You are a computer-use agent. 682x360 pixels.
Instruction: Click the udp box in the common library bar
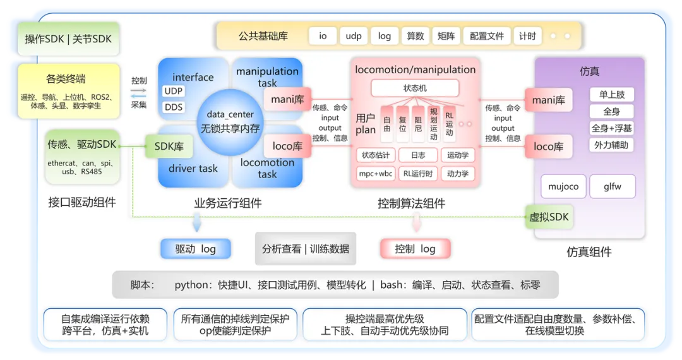[x=353, y=36]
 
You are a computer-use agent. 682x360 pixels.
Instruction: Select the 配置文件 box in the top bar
[x=487, y=36]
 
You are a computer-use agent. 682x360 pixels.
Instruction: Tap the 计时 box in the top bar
[x=527, y=36]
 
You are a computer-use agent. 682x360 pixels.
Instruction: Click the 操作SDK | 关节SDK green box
[x=68, y=39]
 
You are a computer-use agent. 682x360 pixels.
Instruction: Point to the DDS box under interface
[x=174, y=107]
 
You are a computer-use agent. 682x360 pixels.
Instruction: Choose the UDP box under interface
[x=174, y=91]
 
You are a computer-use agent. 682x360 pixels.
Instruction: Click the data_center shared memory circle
[x=230, y=122]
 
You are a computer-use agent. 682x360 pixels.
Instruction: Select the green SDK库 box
[x=169, y=147]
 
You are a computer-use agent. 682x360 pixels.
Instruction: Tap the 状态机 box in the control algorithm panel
[x=415, y=88]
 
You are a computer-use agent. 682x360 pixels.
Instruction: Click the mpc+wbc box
[x=376, y=174]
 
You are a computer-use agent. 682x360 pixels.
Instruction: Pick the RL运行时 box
[x=418, y=174]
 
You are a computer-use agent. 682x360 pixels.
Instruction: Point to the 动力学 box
[x=458, y=174]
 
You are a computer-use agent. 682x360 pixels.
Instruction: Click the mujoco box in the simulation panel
[x=563, y=186]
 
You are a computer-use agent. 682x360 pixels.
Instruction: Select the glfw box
[x=613, y=186]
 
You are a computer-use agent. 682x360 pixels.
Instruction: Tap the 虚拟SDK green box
[x=549, y=217]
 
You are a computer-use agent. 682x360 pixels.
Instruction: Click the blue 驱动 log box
[x=196, y=249]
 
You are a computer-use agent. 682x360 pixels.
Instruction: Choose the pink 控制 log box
[x=416, y=249]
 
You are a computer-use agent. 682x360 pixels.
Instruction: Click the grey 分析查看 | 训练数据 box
[x=306, y=249]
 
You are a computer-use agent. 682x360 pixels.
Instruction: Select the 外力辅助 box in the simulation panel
[x=611, y=145]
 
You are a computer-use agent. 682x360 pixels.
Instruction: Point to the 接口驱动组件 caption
[x=81, y=202]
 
